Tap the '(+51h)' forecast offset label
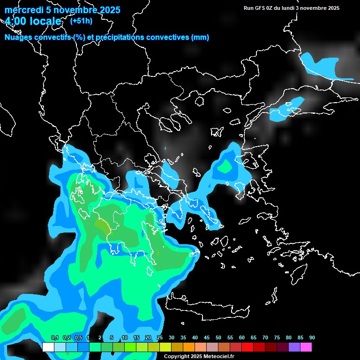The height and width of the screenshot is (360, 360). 81,21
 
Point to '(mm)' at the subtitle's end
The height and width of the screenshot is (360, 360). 200,37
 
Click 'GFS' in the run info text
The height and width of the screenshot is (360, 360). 259,8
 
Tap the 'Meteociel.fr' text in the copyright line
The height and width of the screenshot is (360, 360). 216,357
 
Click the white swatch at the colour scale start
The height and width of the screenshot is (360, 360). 48,347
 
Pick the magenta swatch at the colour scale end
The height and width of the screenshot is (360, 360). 306,347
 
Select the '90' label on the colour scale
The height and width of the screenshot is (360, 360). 312,338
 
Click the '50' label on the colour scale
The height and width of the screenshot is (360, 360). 218,338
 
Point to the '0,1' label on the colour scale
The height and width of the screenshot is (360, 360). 54,338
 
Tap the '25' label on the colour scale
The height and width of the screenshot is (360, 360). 160,338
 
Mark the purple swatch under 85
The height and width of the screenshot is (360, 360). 294,347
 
